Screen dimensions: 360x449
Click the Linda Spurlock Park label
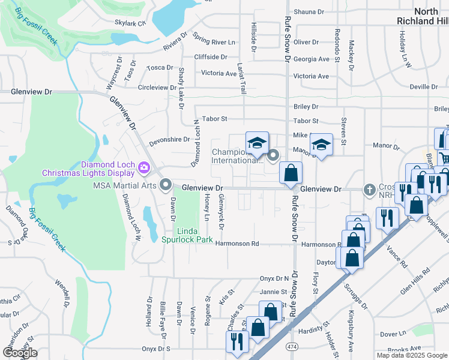194,235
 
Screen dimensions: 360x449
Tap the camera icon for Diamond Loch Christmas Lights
144,166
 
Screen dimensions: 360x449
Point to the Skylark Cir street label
130,23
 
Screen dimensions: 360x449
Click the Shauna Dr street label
309,11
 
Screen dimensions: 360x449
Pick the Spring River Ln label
214,43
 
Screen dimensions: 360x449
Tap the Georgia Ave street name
312,59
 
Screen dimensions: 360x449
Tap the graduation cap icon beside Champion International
257,143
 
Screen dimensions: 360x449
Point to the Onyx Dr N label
274,278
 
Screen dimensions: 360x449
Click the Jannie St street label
273,292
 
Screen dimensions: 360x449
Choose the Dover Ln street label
393,334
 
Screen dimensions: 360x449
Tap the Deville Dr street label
424,87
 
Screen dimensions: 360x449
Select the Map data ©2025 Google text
411,355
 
